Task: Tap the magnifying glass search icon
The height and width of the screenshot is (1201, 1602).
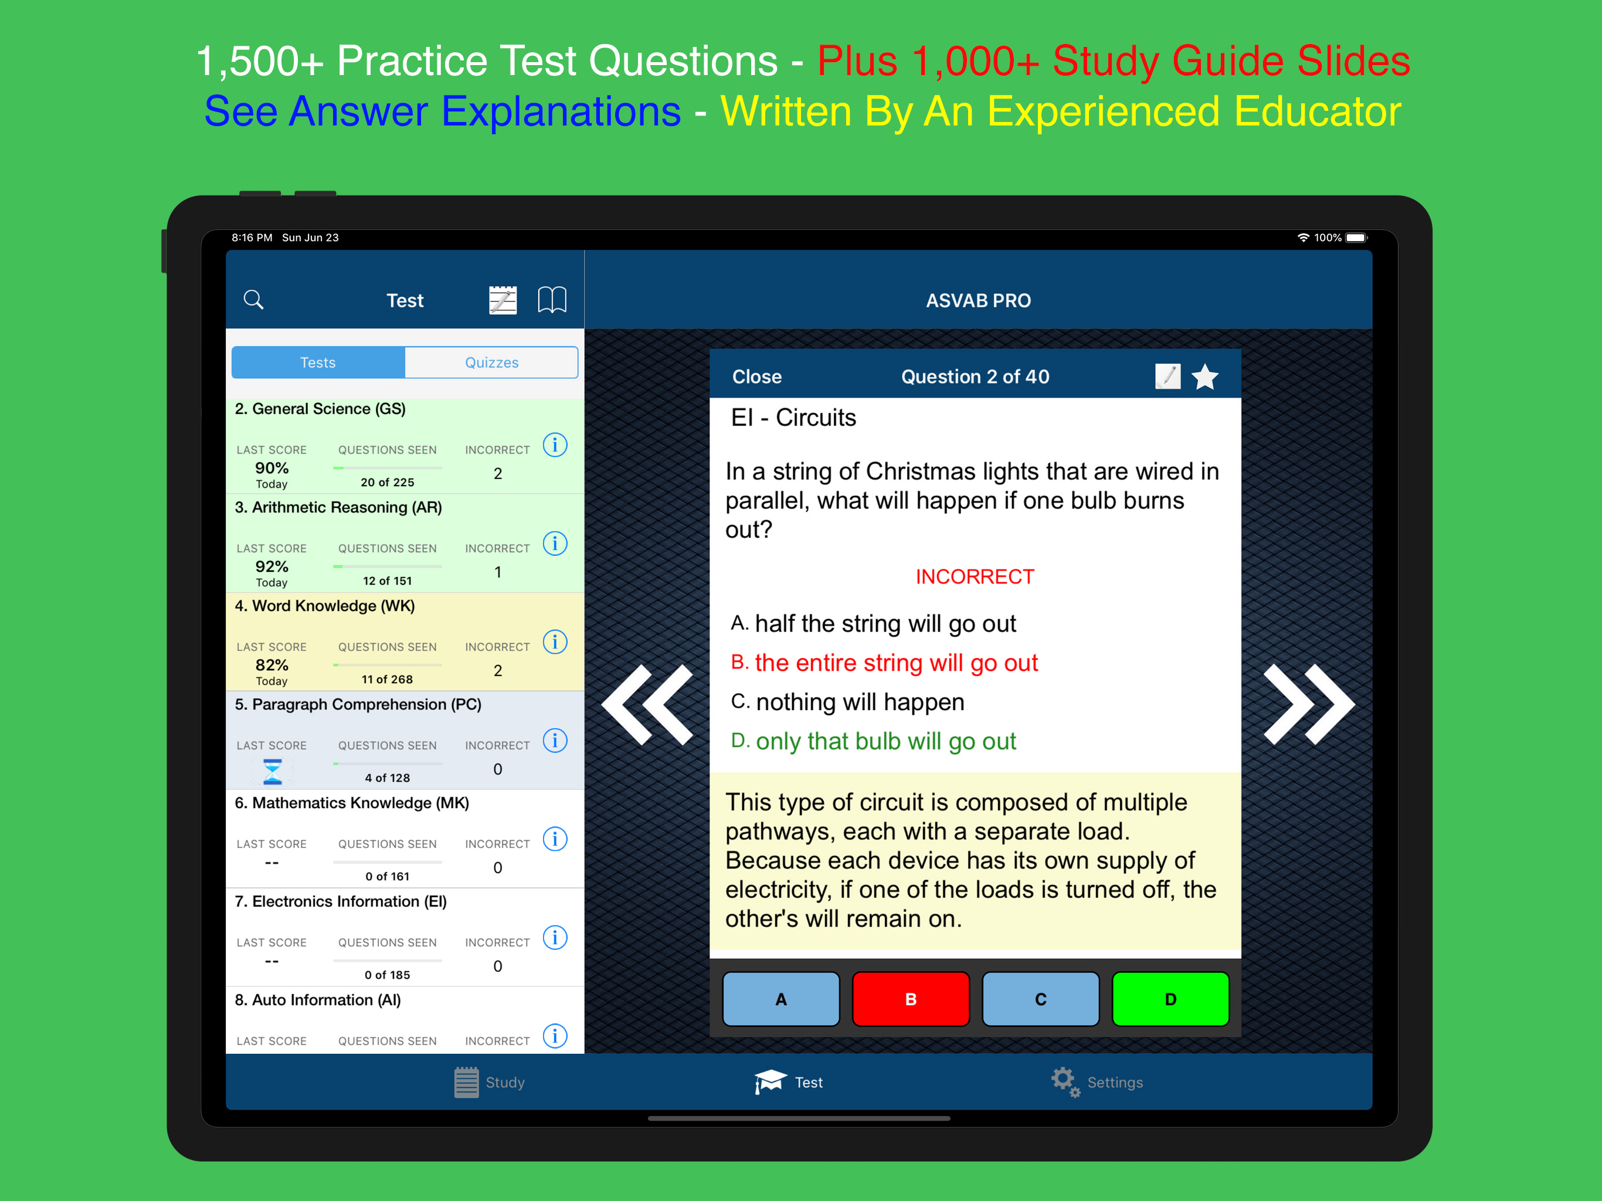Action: tap(253, 299)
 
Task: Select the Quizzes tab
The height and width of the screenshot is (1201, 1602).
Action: tap(492, 362)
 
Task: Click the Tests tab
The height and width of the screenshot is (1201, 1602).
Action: tap(318, 362)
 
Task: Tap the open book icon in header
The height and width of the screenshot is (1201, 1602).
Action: tap(552, 299)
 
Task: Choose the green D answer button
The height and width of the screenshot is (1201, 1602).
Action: tap(1170, 999)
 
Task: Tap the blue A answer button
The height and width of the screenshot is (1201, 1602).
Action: tap(780, 999)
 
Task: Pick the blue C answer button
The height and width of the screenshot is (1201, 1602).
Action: tap(1041, 999)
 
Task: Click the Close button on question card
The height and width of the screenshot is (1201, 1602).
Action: tap(757, 376)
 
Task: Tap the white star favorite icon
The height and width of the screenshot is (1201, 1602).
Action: tap(1205, 376)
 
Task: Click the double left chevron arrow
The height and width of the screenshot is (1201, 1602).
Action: tap(647, 704)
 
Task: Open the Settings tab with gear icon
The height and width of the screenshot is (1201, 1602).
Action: tap(1097, 1082)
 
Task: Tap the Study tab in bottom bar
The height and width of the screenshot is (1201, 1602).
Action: tap(490, 1082)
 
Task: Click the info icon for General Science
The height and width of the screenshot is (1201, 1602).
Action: tap(555, 445)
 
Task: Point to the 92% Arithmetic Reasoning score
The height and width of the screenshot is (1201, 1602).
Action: tap(271, 566)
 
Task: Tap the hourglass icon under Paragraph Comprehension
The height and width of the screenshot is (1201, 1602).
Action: tap(272, 772)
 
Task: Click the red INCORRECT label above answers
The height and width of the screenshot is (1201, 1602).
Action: tap(975, 576)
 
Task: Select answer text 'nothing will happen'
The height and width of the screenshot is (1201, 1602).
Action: tap(860, 702)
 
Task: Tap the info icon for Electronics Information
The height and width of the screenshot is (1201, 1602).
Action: tap(555, 937)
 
